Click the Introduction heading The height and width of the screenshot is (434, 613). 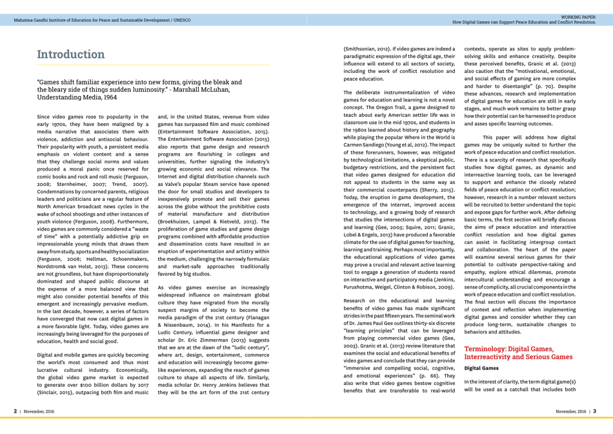point(70,54)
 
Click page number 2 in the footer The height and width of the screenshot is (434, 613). point(15,411)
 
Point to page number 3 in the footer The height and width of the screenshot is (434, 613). point(595,411)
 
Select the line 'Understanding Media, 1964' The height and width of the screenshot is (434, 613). point(77,98)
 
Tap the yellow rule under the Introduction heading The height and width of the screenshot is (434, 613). point(153,65)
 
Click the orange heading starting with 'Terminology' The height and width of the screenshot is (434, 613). point(518,352)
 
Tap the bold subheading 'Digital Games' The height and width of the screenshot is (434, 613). point(481,367)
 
